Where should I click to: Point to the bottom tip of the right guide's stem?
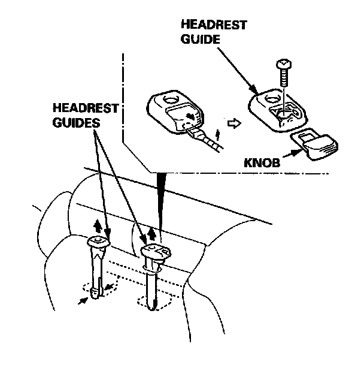click(155, 306)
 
